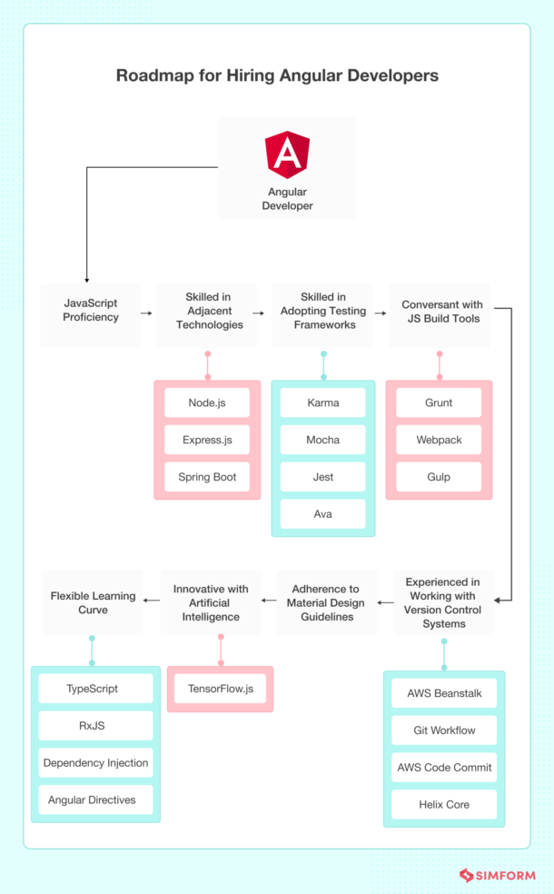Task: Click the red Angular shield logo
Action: (x=287, y=154)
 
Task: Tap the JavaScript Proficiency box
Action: (x=91, y=315)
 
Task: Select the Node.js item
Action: (x=207, y=402)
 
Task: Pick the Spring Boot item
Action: (x=207, y=477)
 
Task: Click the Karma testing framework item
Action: (x=322, y=402)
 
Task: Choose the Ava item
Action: (x=322, y=513)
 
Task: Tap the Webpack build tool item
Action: (x=439, y=440)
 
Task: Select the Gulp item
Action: (x=439, y=477)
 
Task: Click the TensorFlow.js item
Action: (x=221, y=689)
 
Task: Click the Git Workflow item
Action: (x=444, y=730)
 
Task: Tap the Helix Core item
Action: (x=444, y=804)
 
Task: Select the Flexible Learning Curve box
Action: (x=93, y=602)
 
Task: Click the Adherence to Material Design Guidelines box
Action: (x=327, y=602)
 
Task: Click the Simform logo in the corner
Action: (x=498, y=875)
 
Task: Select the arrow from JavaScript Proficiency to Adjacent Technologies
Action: (x=146, y=313)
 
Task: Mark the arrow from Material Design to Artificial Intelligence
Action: (x=269, y=601)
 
